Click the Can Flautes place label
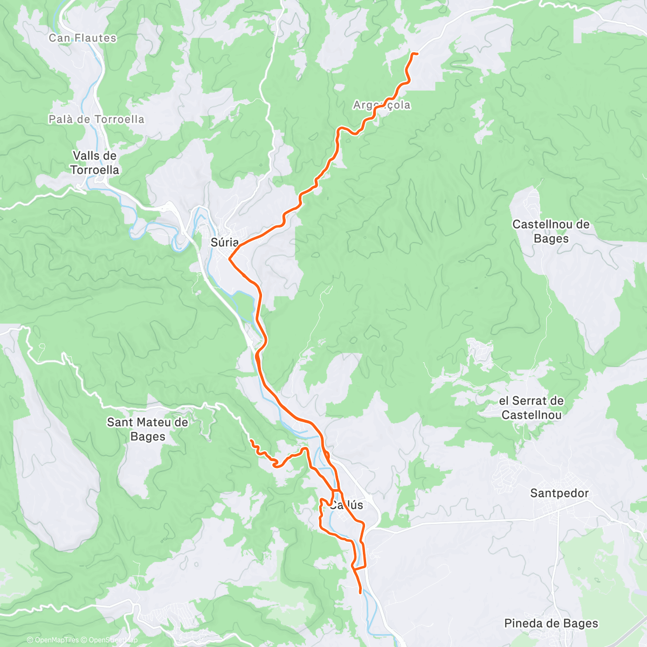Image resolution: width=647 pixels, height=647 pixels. (82, 38)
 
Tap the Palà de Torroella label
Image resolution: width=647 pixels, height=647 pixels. (97, 119)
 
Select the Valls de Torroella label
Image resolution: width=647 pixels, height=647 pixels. (94, 162)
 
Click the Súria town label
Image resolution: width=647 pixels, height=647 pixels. (224, 243)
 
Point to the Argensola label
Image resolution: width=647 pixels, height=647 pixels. (382, 105)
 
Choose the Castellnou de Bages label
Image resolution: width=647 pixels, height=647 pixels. (550, 231)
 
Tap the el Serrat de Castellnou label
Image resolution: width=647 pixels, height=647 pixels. (531, 408)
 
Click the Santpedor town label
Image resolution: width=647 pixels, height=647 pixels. (559, 493)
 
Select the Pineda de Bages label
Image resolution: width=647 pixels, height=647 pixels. (551, 624)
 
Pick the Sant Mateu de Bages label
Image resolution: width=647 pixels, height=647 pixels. (147, 429)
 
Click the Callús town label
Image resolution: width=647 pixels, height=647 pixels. (346, 505)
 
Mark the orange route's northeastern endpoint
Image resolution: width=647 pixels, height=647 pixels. (417, 54)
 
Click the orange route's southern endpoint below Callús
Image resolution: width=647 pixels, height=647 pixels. (360, 593)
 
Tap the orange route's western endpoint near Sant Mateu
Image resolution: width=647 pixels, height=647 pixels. (251, 441)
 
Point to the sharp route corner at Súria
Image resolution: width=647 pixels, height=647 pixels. (230, 259)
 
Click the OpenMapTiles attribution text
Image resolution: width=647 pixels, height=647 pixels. (53, 641)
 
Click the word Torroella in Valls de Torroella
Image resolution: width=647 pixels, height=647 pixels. (94, 170)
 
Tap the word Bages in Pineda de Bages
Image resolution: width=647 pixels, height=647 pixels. (577, 624)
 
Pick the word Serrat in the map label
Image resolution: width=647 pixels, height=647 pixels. (531, 401)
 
